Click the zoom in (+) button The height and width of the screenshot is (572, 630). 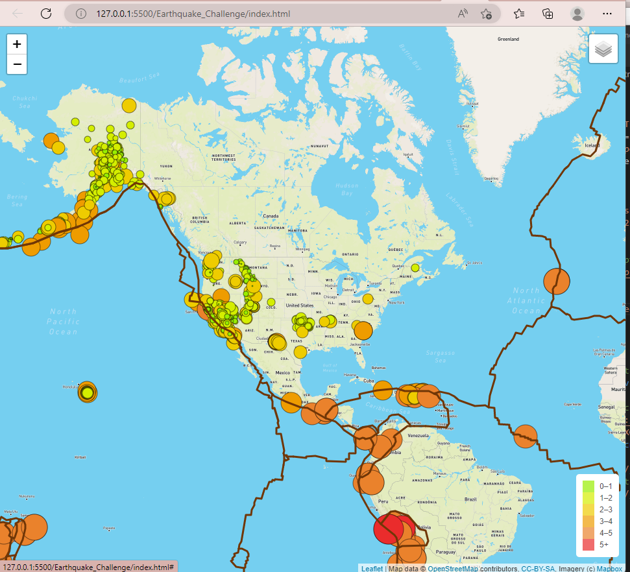pyautogui.click(x=17, y=44)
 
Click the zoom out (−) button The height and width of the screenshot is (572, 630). pyautogui.click(x=17, y=64)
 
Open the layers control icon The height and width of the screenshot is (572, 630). pyautogui.click(x=603, y=49)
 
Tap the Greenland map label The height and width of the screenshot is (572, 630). pyautogui.click(x=508, y=39)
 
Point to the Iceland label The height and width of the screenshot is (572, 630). pyautogui.click(x=593, y=145)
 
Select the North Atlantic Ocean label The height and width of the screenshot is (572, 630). pyautogui.click(x=526, y=300)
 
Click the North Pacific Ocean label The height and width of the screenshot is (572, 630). pyautogui.click(x=63, y=322)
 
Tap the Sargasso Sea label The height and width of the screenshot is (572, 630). pyautogui.click(x=441, y=356)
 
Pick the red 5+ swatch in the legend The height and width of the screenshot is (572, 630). pyautogui.click(x=588, y=544)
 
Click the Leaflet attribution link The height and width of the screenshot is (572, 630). pyautogui.click(x=372, y=569)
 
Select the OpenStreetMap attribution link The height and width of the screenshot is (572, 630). pyautogui.click(x=452, y=569)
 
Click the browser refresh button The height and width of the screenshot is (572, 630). pyautogui.click(x=46, y=14)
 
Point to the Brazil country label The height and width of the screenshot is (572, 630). pyautogui.click(x=470, y=499)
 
